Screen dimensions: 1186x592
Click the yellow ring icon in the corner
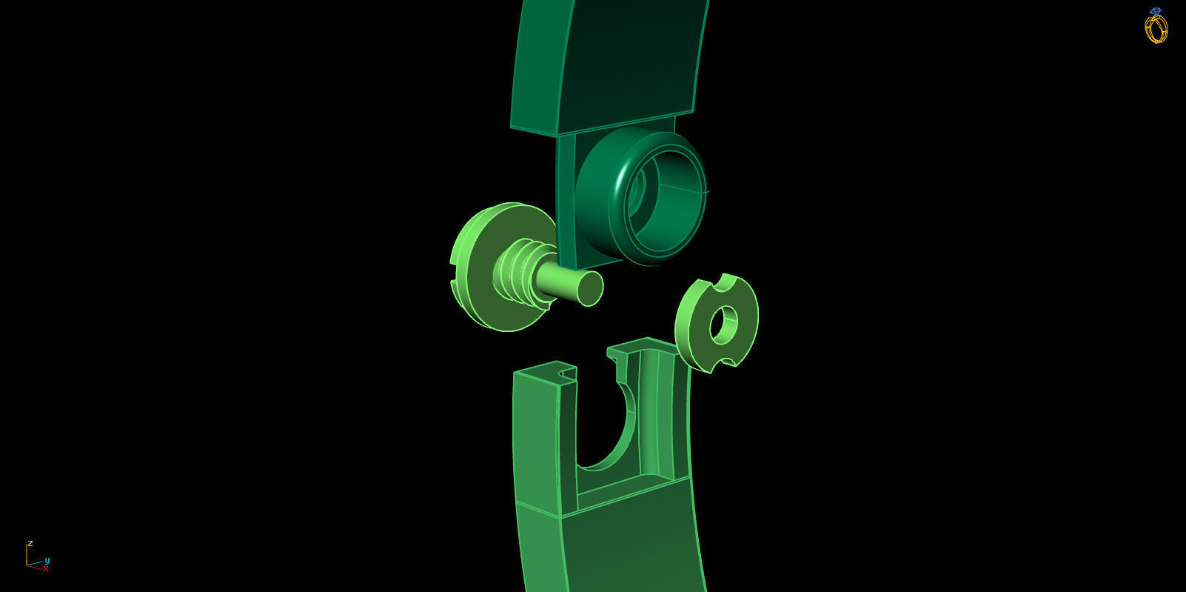point(1156,27)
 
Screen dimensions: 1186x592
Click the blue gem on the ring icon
point(1156,11)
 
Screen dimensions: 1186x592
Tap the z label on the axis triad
point(30,543)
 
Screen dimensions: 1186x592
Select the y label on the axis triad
point(47,560)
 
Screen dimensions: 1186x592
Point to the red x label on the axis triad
point(46,569)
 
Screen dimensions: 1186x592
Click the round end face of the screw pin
point(589,287)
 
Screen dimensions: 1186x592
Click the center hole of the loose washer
point(724,325)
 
